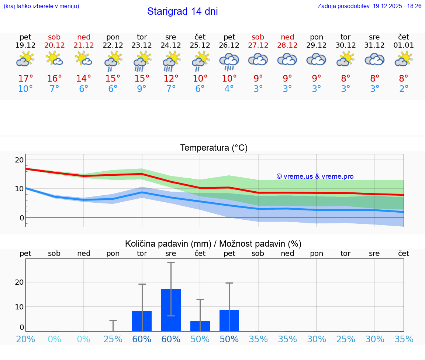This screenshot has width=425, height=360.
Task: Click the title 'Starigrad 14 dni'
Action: tap(182, 11)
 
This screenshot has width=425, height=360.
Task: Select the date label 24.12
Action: tap(171, 45)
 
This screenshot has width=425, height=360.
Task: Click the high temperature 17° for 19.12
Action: tap(25, 79)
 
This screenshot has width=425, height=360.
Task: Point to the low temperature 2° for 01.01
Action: tap(404, 89)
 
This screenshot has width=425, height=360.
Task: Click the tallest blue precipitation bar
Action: tap(171, 310)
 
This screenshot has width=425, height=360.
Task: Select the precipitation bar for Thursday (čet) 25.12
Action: tap(200, 326)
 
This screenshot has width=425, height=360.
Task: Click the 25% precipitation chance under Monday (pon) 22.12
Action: tap(113, 339)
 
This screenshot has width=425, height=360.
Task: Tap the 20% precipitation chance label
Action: tap(25, 339)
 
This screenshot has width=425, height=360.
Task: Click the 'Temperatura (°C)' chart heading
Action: tap(214, 148)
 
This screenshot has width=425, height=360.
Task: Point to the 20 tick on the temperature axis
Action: tap(19, 160)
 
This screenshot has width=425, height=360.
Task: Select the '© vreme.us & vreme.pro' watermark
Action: tap(315, 176)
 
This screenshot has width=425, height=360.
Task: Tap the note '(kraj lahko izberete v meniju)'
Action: tap(41, 6)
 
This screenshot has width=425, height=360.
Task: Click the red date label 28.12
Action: tap(287, 45)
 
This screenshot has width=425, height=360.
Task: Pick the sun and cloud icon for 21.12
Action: tap(84, 59)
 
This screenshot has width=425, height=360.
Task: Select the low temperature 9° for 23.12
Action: tap(142, 89)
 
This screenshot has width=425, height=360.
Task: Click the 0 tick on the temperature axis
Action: tap(21, 218)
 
